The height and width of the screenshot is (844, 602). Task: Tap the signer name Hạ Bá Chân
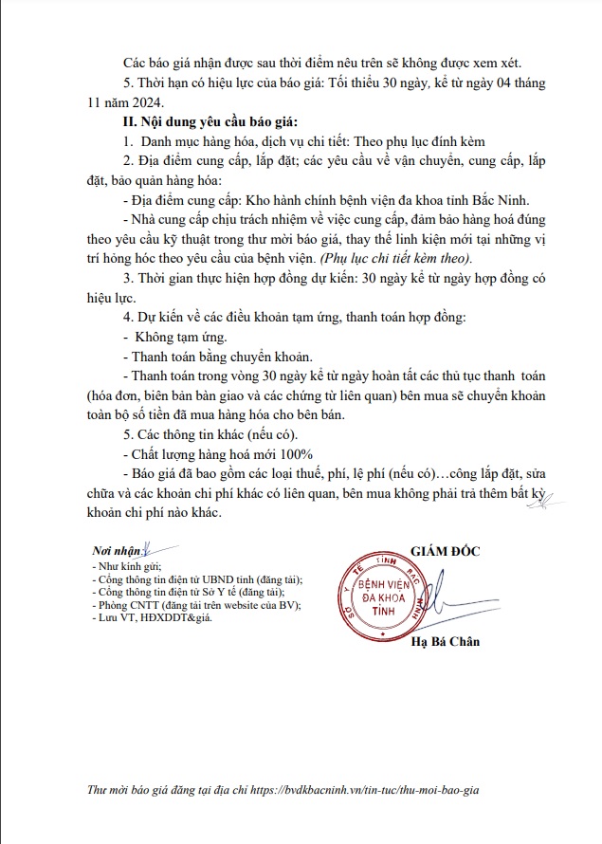point(446,642)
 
